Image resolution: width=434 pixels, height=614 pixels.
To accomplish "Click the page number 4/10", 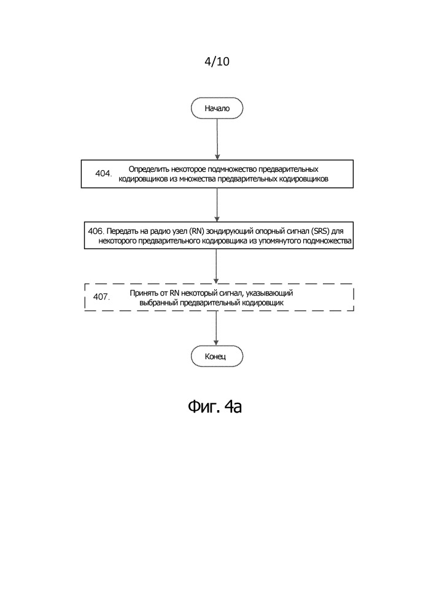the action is pos(217,61).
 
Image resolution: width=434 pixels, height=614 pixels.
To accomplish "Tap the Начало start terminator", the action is pos(217,108).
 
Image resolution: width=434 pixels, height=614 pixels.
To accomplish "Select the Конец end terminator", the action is pos(217,356).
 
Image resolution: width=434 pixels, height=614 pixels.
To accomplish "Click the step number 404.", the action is pos(104,174).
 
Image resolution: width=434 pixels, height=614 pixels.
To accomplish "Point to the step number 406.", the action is pos(96,231).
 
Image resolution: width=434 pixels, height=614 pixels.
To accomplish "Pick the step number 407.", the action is pos(101,297).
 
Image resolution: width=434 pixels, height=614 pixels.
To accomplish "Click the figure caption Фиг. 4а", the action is pos(215,406).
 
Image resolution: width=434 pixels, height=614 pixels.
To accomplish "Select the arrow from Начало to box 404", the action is pos(217,139).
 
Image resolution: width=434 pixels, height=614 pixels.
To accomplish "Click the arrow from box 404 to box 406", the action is pos(217,205).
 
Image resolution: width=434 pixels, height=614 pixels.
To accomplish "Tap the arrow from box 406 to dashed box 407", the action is pos(216,266).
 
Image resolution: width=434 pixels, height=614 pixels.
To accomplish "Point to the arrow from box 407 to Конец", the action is pos(216,328).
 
